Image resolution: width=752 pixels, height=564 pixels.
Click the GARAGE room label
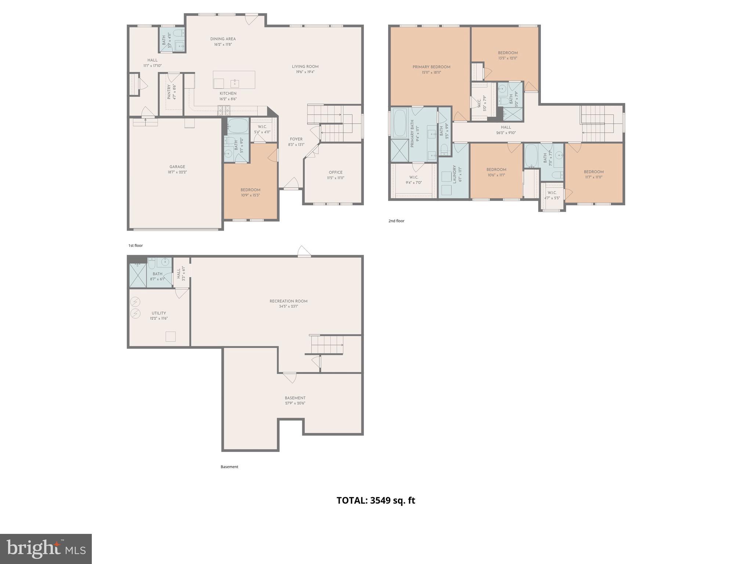pyautogui.click(x=177, y=167)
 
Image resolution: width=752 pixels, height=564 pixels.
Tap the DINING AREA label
pyautogui.click(x=223, y=39)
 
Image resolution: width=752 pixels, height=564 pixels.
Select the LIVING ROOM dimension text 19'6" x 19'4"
pyautogui.click(x=305, y=72)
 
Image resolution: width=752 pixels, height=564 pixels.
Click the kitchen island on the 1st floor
pyautogui.click(x=234, y=80)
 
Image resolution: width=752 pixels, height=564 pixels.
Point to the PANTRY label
pyautogui.click(x=169, y=92)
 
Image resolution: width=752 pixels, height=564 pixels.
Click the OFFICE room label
pyautogui.click(x=335, y=172)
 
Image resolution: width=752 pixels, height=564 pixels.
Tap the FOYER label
pyautogui.click(x=296, y=139)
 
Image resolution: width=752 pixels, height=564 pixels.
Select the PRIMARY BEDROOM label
pyautogui.click(x=431, y=67)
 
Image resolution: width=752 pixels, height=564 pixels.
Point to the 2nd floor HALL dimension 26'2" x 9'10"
pyautogui.click(x=506, y=133)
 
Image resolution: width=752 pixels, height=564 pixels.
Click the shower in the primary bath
pyautogui.click(x=399, y=151)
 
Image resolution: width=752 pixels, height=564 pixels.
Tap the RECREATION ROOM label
pyautogui.click(x=288, y=301)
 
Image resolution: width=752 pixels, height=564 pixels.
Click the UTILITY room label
pyautogui.click(x=159, y=313)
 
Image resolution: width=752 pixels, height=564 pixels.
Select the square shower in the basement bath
pyautogui.click(x=138, y=275)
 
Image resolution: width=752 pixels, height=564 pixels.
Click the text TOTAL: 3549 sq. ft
pyautogui.click(x=376, y=500)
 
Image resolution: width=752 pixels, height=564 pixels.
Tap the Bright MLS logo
pyautogui.click(x=46, y=549)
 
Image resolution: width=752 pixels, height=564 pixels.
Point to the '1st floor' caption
pyautogui.click(x=135, y=245)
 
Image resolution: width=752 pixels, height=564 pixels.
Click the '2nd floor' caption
pyautogui.click(x=396, y=221)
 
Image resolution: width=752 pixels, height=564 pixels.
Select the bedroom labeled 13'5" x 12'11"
pyautogui.click(x=507, y=55)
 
